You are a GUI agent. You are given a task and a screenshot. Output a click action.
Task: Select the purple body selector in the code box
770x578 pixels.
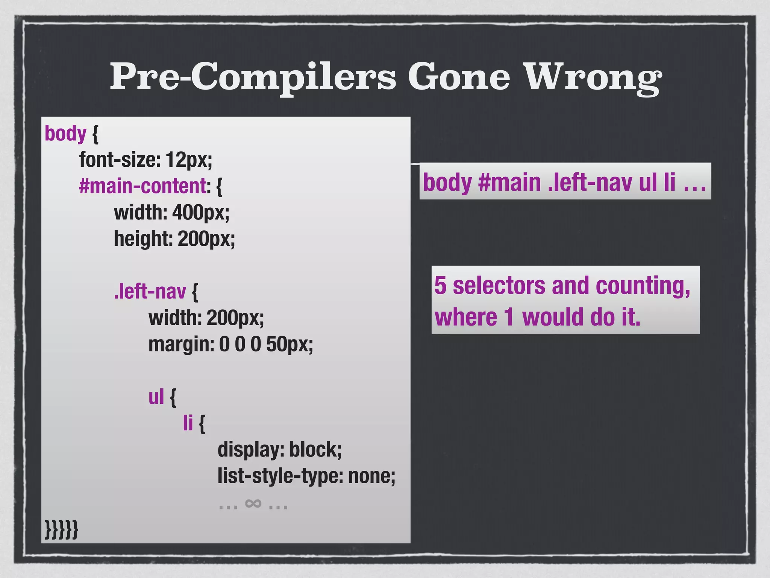(65, 133)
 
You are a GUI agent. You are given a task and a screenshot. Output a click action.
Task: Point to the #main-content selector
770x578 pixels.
(142, 186)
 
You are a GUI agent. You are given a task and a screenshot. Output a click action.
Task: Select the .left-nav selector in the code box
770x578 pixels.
(150, 291)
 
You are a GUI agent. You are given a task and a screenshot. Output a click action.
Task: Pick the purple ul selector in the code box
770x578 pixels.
(156, 397)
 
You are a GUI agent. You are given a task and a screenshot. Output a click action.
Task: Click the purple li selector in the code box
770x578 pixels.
(188, 423)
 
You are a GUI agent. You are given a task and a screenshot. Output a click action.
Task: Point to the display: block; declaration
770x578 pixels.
(280, 449)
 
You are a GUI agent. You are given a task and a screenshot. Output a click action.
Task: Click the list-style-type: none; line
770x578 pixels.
(306, 476)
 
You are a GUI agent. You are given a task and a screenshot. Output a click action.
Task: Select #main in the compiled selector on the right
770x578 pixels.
(509, 182)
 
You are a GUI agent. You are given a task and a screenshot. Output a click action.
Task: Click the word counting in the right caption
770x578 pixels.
(643, 286)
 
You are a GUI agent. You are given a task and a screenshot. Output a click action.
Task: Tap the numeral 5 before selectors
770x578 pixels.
(440, 286)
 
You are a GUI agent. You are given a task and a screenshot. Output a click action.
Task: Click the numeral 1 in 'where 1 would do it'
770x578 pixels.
(509, 317)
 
